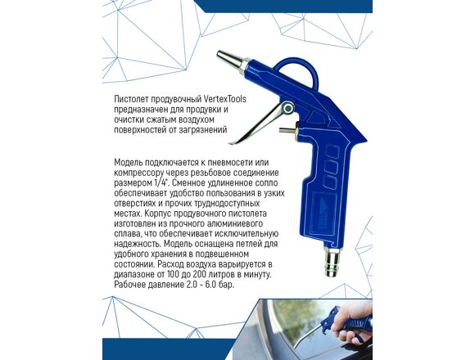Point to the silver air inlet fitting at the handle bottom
pos(332,261)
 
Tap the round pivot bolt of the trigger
pos(288,108)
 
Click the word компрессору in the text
pos(140,173)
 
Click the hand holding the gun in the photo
pos(354,322)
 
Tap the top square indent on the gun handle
pos(332,151)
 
